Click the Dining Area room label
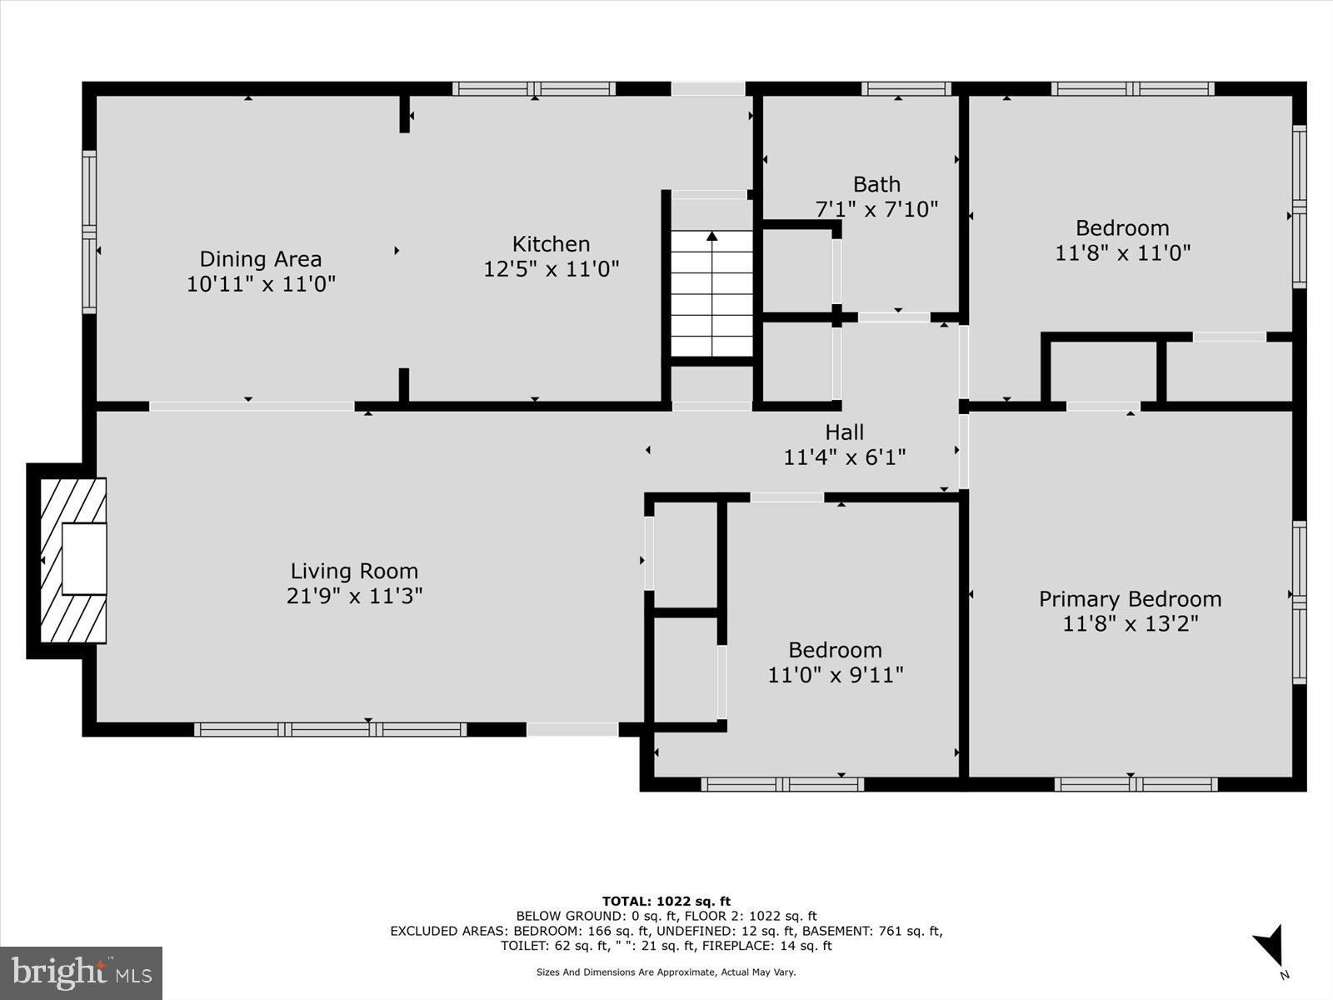click(x=260, y=259)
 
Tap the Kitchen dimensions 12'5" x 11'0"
click(x=552, y=269)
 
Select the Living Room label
click(x=354, y=572)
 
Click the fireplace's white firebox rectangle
click(x=84, y=558)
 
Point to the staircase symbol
click(x=712, y=293)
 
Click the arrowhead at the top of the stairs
click(x=712, y=237)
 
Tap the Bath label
click(x=876, y=184)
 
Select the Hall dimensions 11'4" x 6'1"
click(x=844, y=457)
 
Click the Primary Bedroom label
click(x=1130, y=599)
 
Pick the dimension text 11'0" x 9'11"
click(x=835, y=675)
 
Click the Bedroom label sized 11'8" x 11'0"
click(x=1122, y=228)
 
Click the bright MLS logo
click(x=82, y=972)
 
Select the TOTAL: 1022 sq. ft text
click(x=666, y=901)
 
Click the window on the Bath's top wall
click(x=906, y=88)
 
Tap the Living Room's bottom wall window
click(x=330, y=730)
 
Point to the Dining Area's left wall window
click(x=88, y=232)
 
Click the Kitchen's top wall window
click(x=534, y=88)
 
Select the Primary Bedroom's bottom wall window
click(x=1135, y=784)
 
